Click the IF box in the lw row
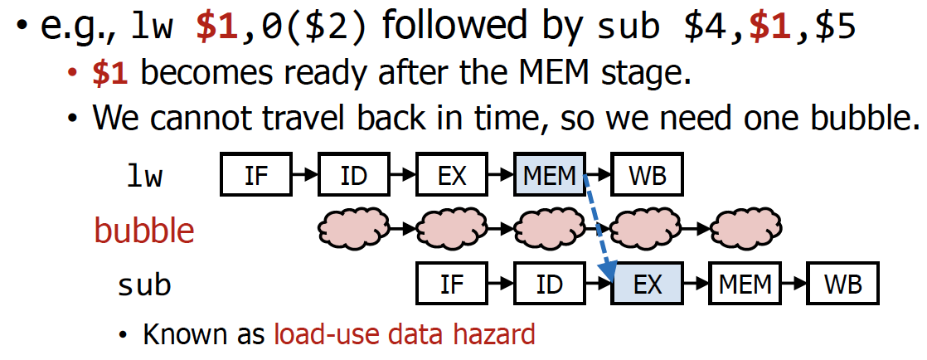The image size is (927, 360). pos(257,176)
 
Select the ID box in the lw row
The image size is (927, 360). pos(354,176)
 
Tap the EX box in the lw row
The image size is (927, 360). pos(452,176)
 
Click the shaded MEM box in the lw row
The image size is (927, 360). pos(550,176)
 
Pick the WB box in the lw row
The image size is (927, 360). pos(647,176)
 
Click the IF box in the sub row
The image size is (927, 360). pos(452,285)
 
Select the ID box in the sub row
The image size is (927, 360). pos(550,285)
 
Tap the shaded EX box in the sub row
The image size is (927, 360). pos(648,285)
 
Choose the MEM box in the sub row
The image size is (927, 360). pos(745,285)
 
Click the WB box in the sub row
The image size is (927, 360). pos(842,285)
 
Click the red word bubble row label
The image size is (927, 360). pos(144,230)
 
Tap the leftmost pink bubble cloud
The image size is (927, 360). pos(355,226)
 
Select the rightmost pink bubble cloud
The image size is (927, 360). pos(746,226)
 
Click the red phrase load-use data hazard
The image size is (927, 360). pos(405,334)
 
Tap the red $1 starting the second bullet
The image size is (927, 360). pos(109,74)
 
